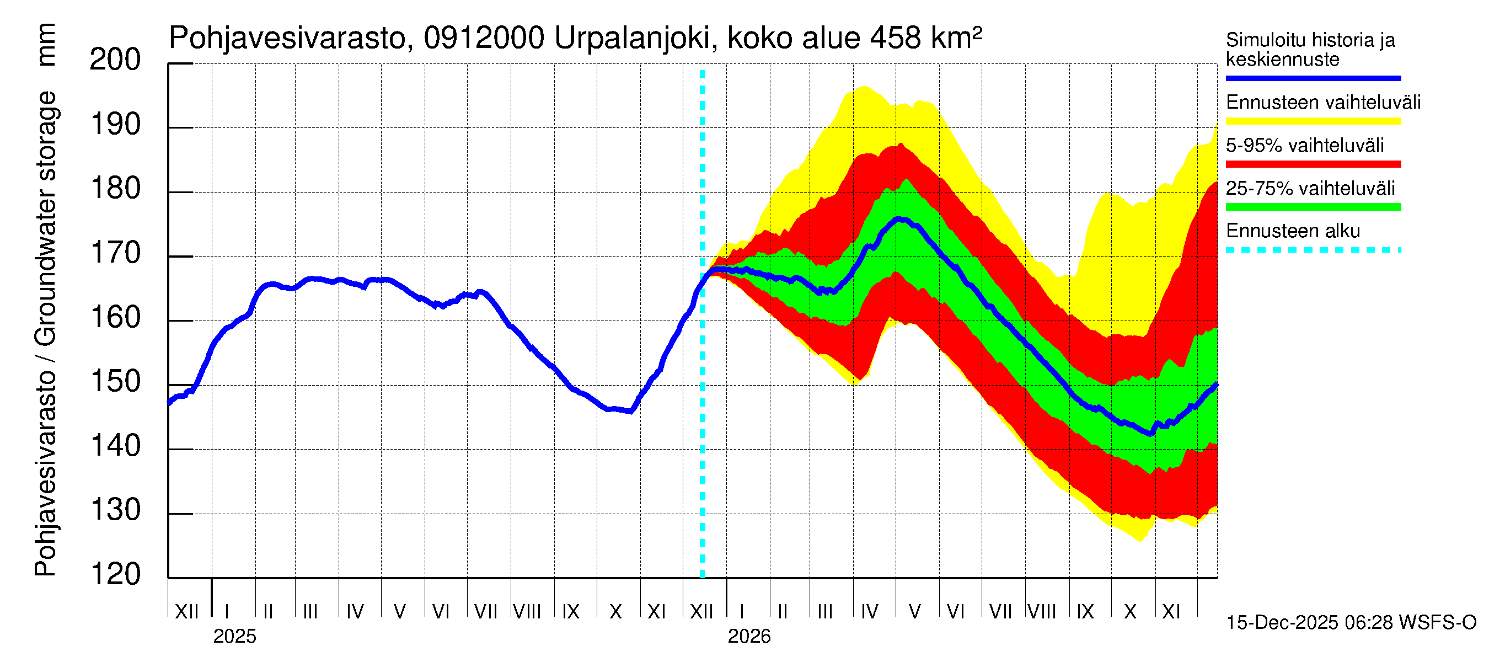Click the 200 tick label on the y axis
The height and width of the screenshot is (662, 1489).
point(115,60)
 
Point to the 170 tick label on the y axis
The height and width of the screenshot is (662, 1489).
point(115,254)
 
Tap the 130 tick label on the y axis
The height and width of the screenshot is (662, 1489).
point(115,510)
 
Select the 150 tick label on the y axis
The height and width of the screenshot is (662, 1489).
point(115,382)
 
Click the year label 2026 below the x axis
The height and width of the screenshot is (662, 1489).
point(748,637)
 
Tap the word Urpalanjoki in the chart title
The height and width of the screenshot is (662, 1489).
point(632,39)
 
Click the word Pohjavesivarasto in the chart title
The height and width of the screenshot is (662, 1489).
point(287,39)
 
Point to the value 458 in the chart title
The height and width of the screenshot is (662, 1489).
point(895,39)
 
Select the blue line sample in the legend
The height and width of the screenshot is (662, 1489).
point(1313,78)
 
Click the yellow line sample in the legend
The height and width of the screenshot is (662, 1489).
point(1313,121)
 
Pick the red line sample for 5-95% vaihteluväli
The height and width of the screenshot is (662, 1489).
point(1313,164)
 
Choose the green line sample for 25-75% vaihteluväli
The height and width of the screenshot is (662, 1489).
point(1313,207)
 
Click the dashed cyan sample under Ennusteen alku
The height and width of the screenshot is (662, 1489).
point(1313,250)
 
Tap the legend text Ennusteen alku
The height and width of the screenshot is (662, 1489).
point(1293,231)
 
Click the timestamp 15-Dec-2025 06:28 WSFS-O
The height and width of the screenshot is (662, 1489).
point(1351,623)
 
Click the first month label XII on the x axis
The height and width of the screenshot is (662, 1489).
point(186,611)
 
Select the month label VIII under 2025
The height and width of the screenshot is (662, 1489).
point(527,611)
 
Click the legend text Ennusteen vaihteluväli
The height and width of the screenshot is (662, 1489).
point(1322,103)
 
